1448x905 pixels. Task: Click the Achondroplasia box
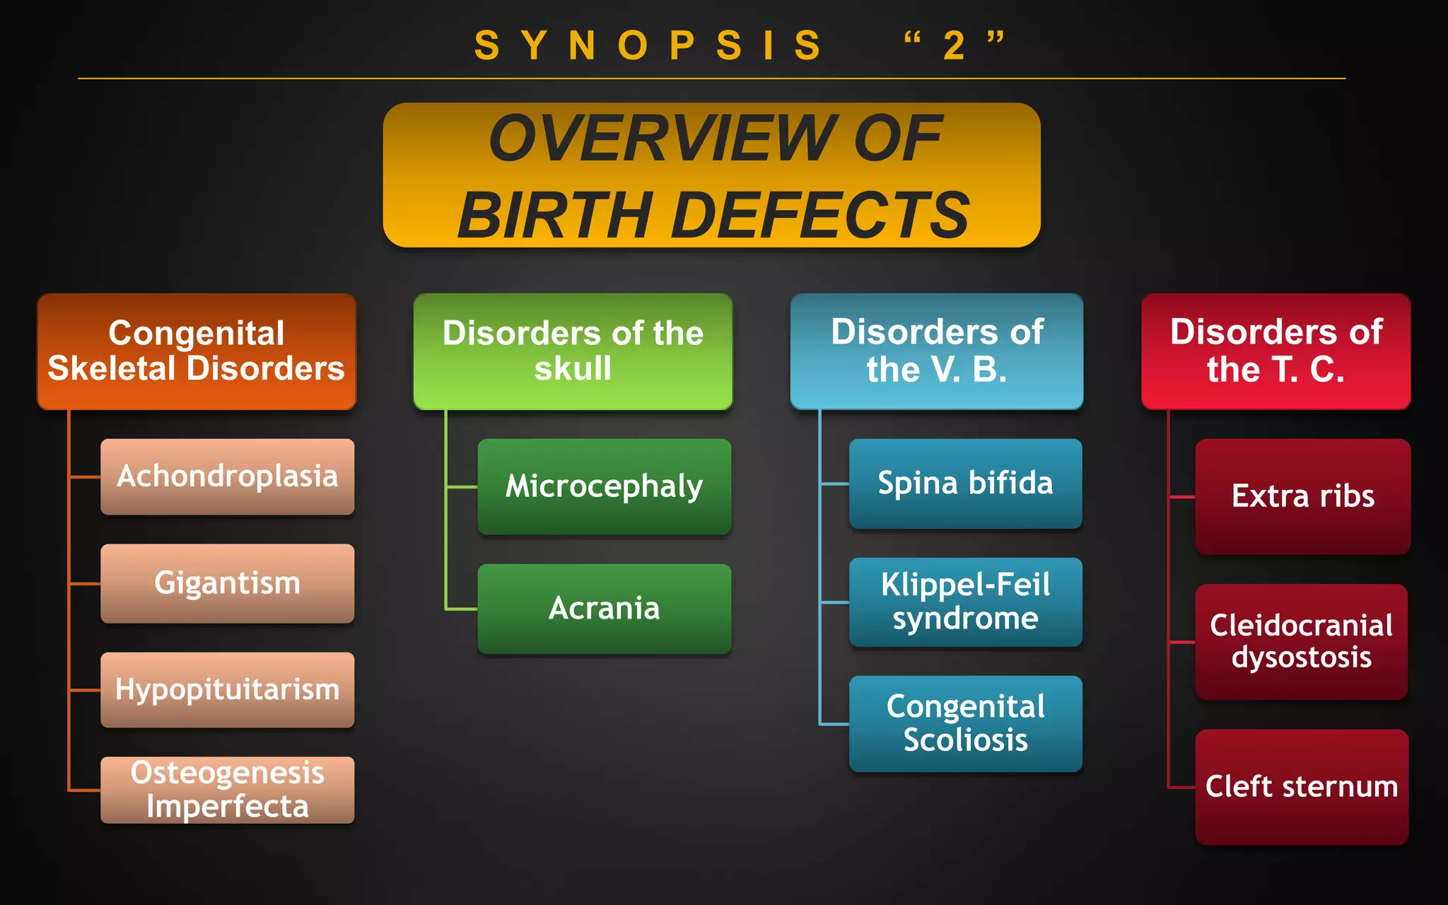tap(227, 477)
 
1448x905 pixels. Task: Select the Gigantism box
tap(227, 583)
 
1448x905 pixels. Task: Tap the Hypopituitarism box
tap(227, 689)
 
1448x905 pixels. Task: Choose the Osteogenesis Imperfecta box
tap(227, 790)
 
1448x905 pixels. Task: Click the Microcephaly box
tap(604, 486)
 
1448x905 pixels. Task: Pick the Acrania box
tap(604, 609)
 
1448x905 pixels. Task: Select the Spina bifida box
tap(965, 484)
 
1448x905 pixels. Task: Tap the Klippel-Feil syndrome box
tap(965, 602)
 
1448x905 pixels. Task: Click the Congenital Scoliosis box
tap(965, 723)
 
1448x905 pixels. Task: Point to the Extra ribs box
tap(1302, 496)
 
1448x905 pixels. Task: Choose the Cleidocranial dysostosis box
tap(1301, 641)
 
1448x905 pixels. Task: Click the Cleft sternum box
tap(1301, 787)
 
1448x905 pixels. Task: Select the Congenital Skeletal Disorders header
tap(197, 351)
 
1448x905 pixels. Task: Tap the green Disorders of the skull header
tap(573, 351)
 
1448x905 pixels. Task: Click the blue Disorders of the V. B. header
tap(936, 351)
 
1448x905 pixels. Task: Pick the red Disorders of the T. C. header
tap(1275, 351)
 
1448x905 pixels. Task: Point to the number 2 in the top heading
tap(954, 47)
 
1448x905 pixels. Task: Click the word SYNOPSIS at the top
tap(648, 47)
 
